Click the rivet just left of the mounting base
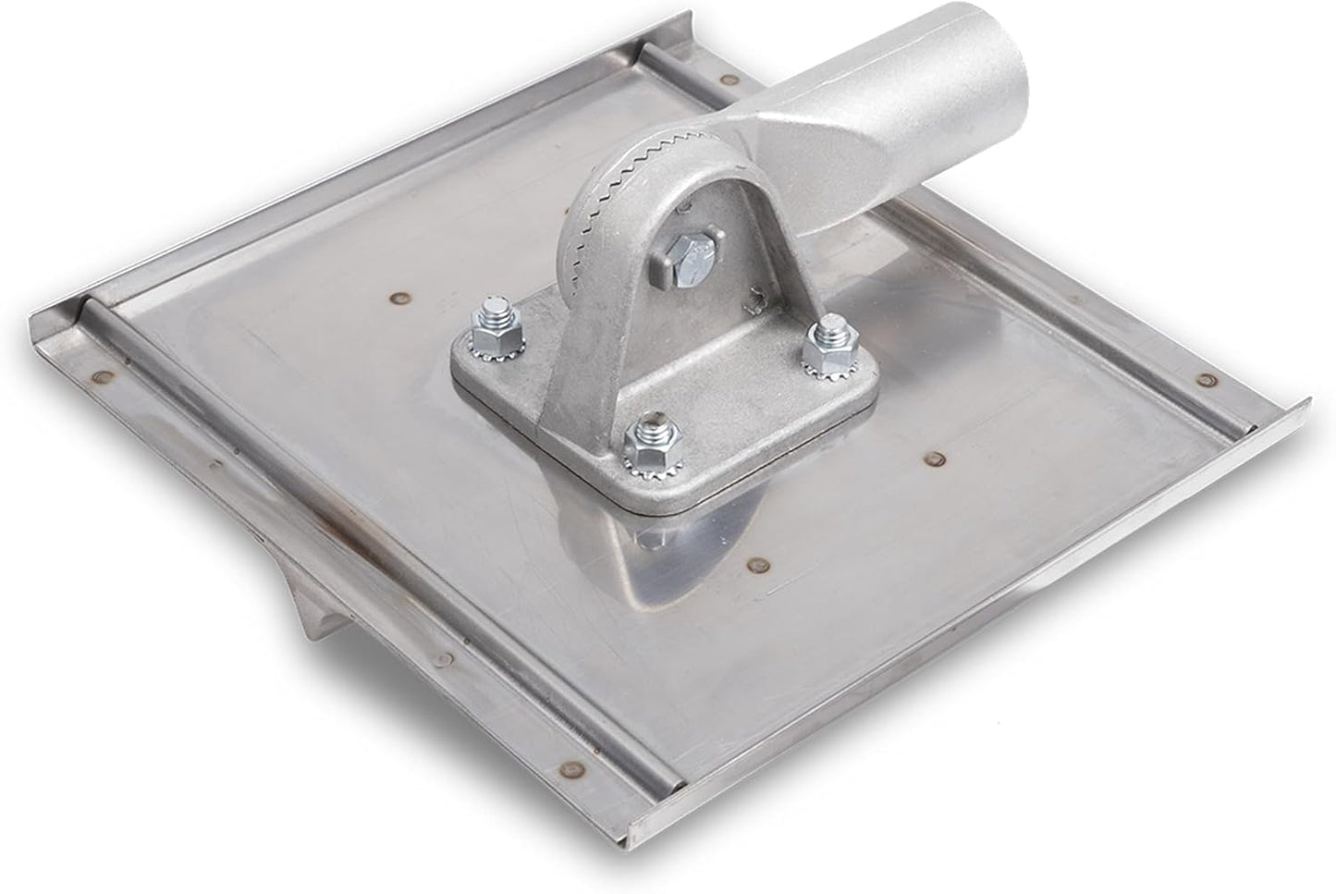point(400,298)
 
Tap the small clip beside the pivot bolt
point(755,295)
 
